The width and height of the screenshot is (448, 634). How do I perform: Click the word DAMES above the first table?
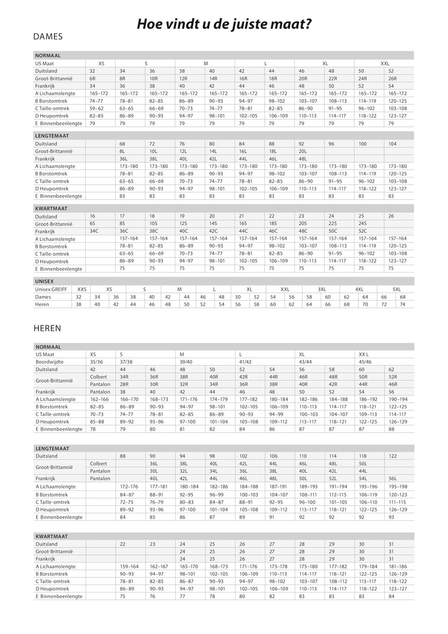(x=48, y=37)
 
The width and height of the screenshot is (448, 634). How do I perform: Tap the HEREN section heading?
(x=47, y=328)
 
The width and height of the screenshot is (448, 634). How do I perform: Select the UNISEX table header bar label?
(x=44, y=282)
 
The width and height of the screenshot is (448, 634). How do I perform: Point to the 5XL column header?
(x=396, y=289)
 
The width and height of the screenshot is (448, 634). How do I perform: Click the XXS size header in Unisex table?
(x=82, y=289)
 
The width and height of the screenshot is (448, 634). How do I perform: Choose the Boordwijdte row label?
(x=50, y=362)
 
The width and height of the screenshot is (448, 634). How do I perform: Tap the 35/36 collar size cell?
(x=96, y=362)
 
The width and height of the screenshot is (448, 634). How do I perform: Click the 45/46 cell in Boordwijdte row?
(x=366, y=362)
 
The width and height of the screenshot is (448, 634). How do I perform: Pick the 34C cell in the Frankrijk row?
(x=94, y=231)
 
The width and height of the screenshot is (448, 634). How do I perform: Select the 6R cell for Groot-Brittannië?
(x=93, y=78)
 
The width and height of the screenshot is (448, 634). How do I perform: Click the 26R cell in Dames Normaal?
(x=392, y=78)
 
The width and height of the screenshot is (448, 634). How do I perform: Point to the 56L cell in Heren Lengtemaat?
(x=392, y=478)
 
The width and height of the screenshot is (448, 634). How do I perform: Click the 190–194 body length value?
(x=398, y=399)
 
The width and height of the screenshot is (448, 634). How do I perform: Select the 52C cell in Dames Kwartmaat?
(x=363, y=231)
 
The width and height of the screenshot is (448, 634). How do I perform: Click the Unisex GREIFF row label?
(x=51, y=289)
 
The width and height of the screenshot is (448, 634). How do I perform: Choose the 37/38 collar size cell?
(x=126, y=362)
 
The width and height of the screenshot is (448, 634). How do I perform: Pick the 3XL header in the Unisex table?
(x=322, y=289)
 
